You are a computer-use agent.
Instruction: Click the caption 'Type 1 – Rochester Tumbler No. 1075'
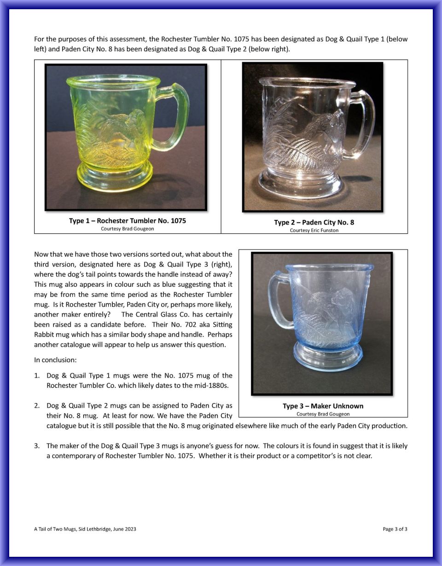click(x=128, y=221)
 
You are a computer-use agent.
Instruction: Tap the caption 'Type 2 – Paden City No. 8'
click(x=314, y=222)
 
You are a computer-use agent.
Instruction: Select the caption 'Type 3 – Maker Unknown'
click(x=323, y=406)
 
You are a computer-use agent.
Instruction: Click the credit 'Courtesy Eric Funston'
click(x=314, y=230)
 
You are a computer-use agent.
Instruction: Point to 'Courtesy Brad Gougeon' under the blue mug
click(x=323, y=414)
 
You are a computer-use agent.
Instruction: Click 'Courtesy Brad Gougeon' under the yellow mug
click(x=128, y=229)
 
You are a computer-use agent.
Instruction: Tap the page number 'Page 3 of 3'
click(x=395, y=529)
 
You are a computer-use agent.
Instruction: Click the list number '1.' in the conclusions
click(x=37, y=375)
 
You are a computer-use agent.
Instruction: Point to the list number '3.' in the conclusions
click(x=37, y=446)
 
